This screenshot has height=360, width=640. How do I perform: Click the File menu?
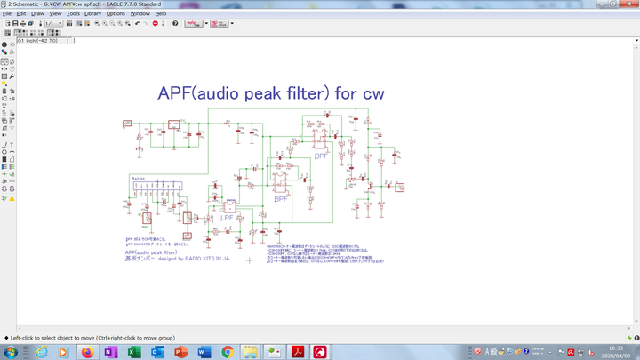click(x=7, y=14)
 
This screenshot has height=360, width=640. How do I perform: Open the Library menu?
click(x=92, y=14)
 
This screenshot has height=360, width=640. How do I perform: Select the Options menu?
click(x=116, y=14)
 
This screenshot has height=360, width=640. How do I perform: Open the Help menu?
click(x=161, y=14)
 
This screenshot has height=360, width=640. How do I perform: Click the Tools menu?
click(x=73, y=14)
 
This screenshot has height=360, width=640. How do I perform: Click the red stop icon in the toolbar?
click(x=155, y=24)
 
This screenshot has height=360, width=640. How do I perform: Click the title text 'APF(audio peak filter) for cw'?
click(x=271, y=93)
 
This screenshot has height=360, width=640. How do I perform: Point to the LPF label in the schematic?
click(x=227, y=216)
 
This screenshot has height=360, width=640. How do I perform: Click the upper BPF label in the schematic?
click(x=322, y=156)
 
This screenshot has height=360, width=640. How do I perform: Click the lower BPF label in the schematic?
click(x=281, y=199)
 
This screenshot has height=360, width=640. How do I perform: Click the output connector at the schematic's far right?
click(x=400, y=188)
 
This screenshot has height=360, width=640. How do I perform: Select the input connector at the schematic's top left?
click(x=127, y=124)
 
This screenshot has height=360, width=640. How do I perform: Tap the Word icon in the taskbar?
click(x=204, y=352)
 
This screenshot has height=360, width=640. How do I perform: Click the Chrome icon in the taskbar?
click(x=228, y=352)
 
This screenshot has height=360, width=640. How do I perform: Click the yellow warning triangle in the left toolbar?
click(x=12, y=198)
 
